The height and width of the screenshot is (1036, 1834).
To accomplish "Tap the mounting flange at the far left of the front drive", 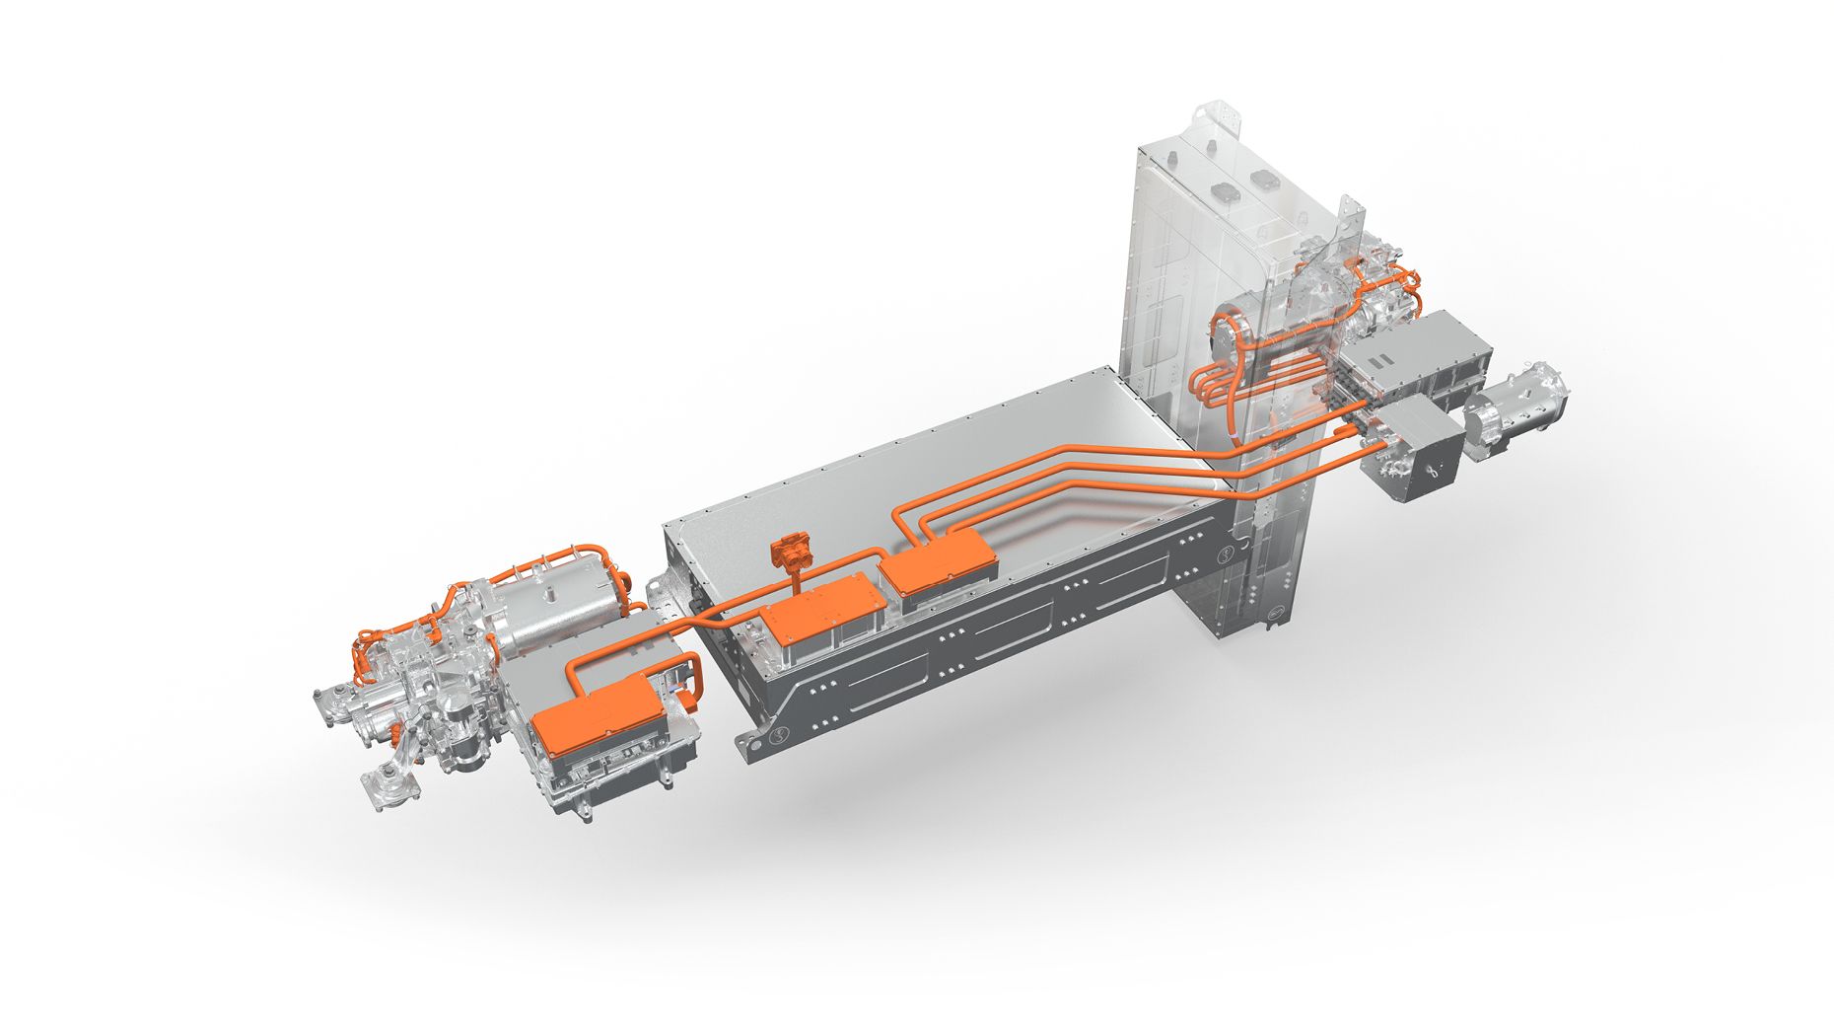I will [x=330, y=706].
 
